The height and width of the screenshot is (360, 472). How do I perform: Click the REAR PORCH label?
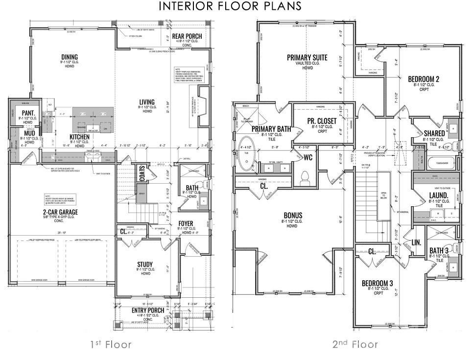click(x=187, y=36)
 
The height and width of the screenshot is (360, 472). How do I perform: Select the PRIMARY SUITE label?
click(x=307, y=58)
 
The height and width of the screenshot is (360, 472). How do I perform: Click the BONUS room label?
click(x=293, y=215)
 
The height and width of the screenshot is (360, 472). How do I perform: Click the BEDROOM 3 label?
click(x=377, y=283)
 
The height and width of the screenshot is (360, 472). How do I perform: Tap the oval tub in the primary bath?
click(x=245, y=147)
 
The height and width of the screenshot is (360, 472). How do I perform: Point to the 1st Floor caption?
click(x=111, y=344)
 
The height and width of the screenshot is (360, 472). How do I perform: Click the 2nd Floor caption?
click(x=355, y=344)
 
